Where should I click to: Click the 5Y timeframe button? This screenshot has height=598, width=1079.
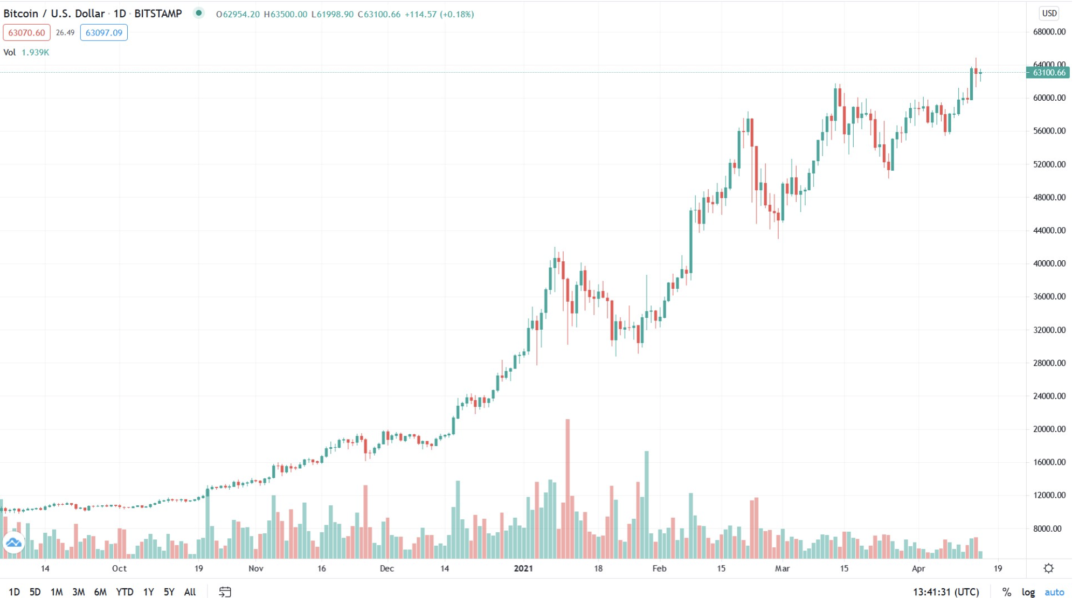point(169,592)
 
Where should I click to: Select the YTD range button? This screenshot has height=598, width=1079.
point(124,592)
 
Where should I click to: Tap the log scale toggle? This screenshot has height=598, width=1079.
point(1028,592)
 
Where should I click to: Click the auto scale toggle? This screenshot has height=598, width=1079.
point(1054,592)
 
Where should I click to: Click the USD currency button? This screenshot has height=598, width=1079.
point(1049,13)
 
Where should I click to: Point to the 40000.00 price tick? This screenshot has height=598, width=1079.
point(1049,263)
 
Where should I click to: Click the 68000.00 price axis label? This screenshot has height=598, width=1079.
point(1049,32)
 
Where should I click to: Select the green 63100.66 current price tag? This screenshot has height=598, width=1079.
point(1048,73)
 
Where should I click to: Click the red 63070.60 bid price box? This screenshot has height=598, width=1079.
point(26,33)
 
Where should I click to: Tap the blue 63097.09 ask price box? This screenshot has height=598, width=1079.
point(103,33)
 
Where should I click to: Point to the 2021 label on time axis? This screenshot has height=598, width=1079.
point(523,568)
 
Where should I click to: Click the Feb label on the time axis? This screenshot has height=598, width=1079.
point(659,568)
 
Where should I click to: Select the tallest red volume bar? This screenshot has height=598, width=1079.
point(567,488)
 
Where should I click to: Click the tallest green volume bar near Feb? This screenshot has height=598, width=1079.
point(646,504)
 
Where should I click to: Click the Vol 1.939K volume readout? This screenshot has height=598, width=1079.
point(26,52)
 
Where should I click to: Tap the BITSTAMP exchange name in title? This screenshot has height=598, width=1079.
point(158,13)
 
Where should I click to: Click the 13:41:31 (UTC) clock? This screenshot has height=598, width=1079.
point(945,592)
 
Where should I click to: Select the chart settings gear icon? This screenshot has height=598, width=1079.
point(1048,568)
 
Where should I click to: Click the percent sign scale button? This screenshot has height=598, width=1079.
point(1006,592)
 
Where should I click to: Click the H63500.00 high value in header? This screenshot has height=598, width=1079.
point(285,15)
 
